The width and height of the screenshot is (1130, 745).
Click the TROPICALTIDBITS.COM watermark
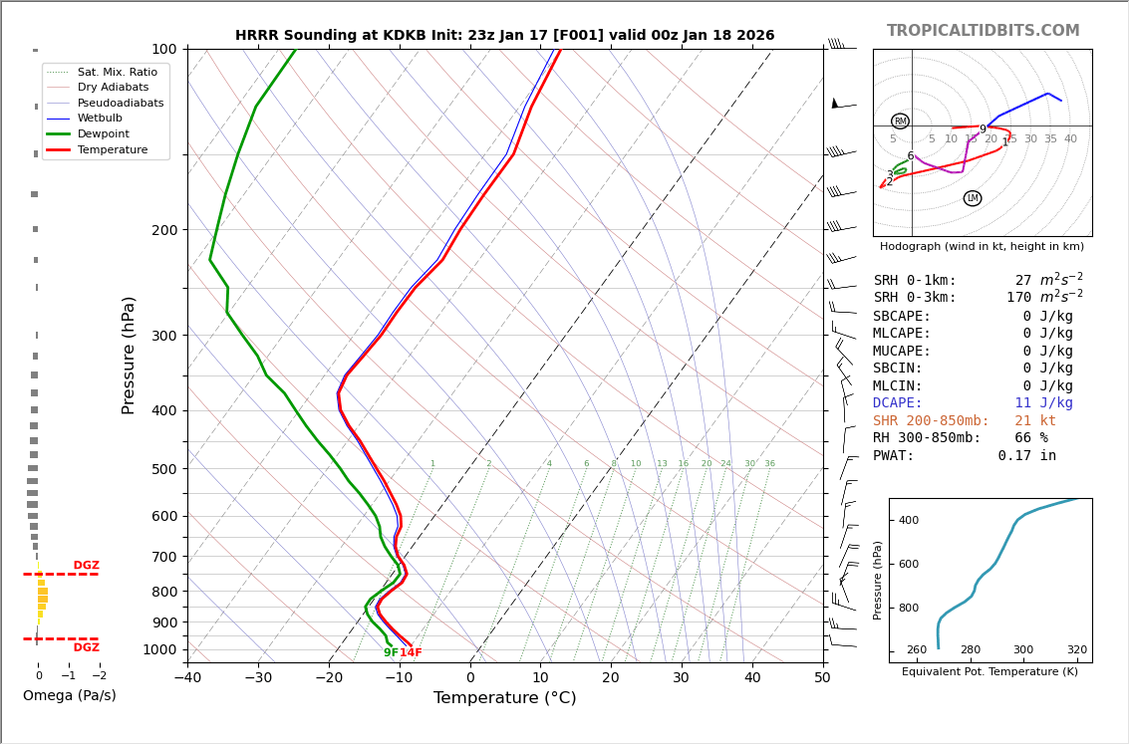[x=983, y=31]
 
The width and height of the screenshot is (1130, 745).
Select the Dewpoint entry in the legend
[x=103, y=133]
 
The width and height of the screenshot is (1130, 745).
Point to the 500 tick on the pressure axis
[x=163, y=469]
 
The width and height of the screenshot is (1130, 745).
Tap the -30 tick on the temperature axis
[x=258, y=678]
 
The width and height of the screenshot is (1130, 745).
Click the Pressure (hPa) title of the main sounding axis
[x=130, y=355]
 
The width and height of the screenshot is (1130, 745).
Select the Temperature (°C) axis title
[x=504, y=698]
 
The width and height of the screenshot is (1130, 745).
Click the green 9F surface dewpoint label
[x=391, y=653]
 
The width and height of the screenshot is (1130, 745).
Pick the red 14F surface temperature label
[x=411, y=653]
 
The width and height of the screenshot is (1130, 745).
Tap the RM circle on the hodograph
[x=900, y=122]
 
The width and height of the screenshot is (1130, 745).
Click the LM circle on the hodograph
[x=973, y=198]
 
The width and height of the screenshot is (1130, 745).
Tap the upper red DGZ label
[x=86, y=566]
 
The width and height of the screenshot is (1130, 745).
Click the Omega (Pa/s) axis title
[x=69, y=696]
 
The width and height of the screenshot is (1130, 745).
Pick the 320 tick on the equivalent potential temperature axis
[x=1076, y=650]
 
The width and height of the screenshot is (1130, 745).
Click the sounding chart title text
[x=504, y=36]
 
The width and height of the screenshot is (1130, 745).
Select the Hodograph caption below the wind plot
[x=982, y=246]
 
